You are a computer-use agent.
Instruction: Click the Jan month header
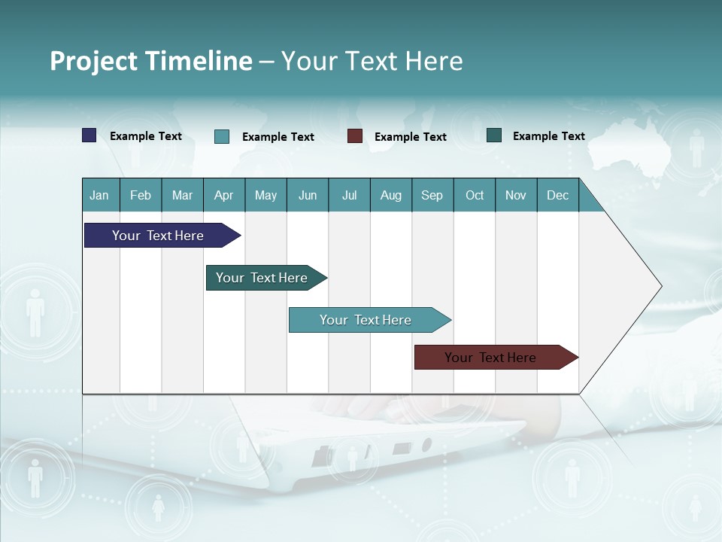[x=99, y=196]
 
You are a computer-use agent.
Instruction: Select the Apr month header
[x=224, y=196]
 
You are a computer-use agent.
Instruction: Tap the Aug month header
[x=390, y=196]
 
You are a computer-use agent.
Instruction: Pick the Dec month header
[x=557, y=196]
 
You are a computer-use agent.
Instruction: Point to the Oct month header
[x=475, y=196]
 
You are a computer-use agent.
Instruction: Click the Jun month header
[x=308, y=196]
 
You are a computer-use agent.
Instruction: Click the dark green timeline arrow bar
[x=263, y=278]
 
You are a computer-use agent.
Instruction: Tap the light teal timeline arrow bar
[x=367, y=320]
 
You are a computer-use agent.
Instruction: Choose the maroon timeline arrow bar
[x=493, y=358]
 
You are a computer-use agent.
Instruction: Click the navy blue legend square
[x=89, y=135]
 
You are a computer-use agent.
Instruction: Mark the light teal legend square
[x=222, y=136]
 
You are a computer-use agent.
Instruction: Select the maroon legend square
[x=355, y=136]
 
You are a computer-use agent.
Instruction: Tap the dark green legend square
[x=494, y=135]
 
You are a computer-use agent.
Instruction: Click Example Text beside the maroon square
[x=410, y=137]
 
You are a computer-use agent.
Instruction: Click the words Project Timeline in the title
[x=150, y=61]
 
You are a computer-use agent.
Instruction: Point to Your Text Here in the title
[x=372, y=61]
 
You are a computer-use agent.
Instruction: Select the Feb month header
[x=141, y=196]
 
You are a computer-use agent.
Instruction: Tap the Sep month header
[x=432, y=196]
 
